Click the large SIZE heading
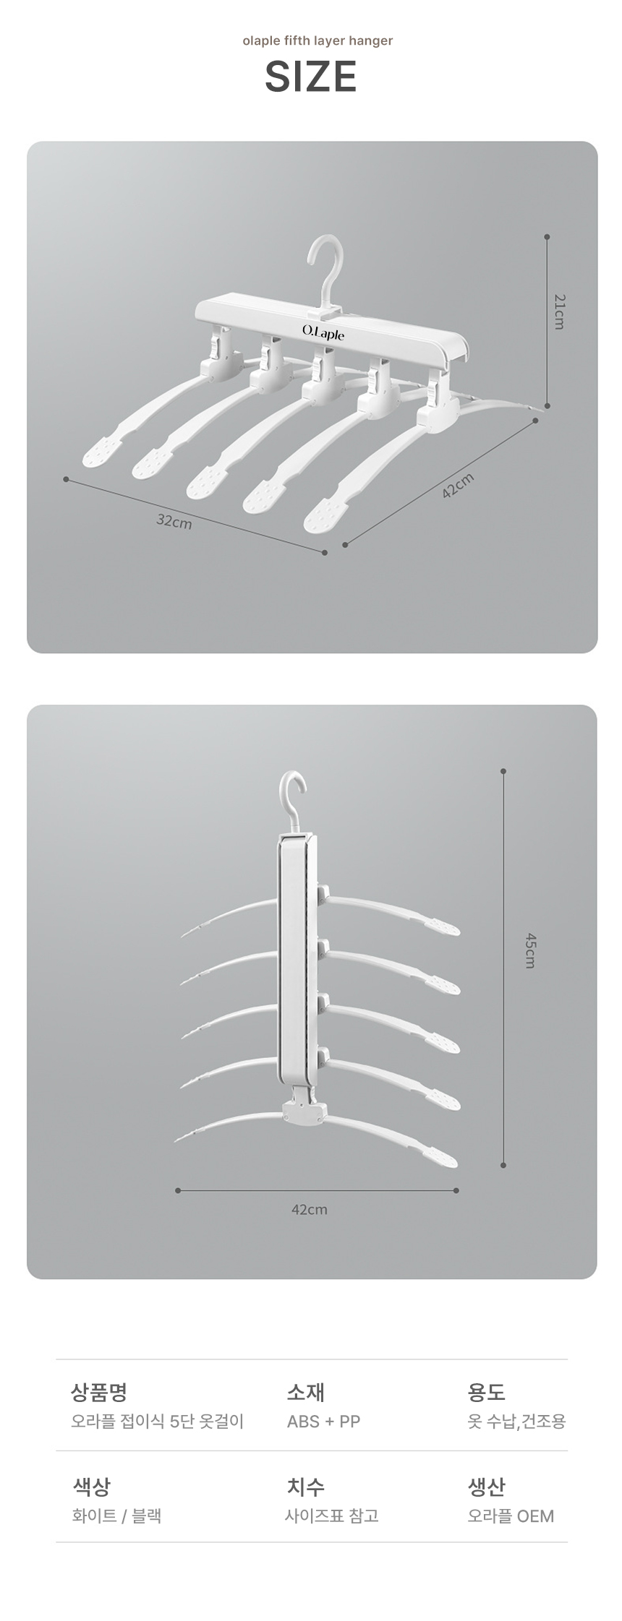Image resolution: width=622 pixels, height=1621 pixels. point(311,77)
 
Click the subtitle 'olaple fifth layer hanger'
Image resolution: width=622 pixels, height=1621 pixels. point(318,40)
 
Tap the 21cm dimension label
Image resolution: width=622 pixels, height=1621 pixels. point(558,311)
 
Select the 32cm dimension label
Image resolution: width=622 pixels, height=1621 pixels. point(174,520)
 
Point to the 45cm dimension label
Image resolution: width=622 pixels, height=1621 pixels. point(529,950)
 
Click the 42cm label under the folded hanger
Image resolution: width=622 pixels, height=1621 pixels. point(310,1209)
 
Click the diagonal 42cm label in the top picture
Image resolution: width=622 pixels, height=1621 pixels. point(458,486)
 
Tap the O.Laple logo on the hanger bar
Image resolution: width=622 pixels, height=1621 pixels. point(323,332)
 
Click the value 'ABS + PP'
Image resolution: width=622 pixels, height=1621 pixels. point(323,1421)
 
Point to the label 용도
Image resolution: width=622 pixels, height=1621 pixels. point(486,1391)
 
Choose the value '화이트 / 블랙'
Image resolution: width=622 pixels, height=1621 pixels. point(116,1515)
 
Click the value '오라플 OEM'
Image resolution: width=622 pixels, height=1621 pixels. point(511,1515)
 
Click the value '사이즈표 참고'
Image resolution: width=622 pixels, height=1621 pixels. point(332,1515)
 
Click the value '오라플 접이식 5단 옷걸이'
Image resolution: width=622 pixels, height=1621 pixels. point(158,1421)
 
